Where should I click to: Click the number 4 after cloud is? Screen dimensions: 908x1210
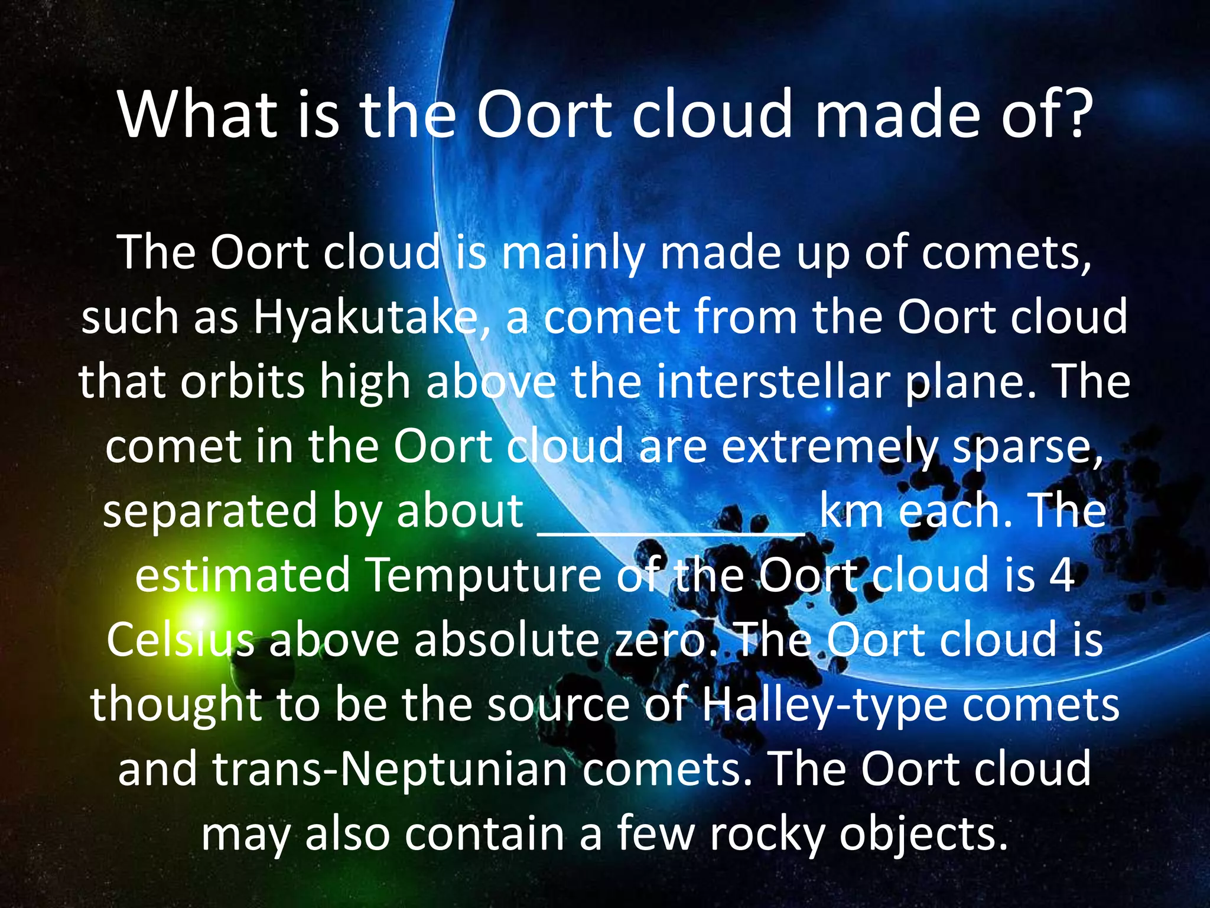1062,576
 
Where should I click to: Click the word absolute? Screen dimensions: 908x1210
507,640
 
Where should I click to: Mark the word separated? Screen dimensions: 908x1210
210,512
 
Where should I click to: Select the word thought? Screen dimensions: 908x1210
176,706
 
